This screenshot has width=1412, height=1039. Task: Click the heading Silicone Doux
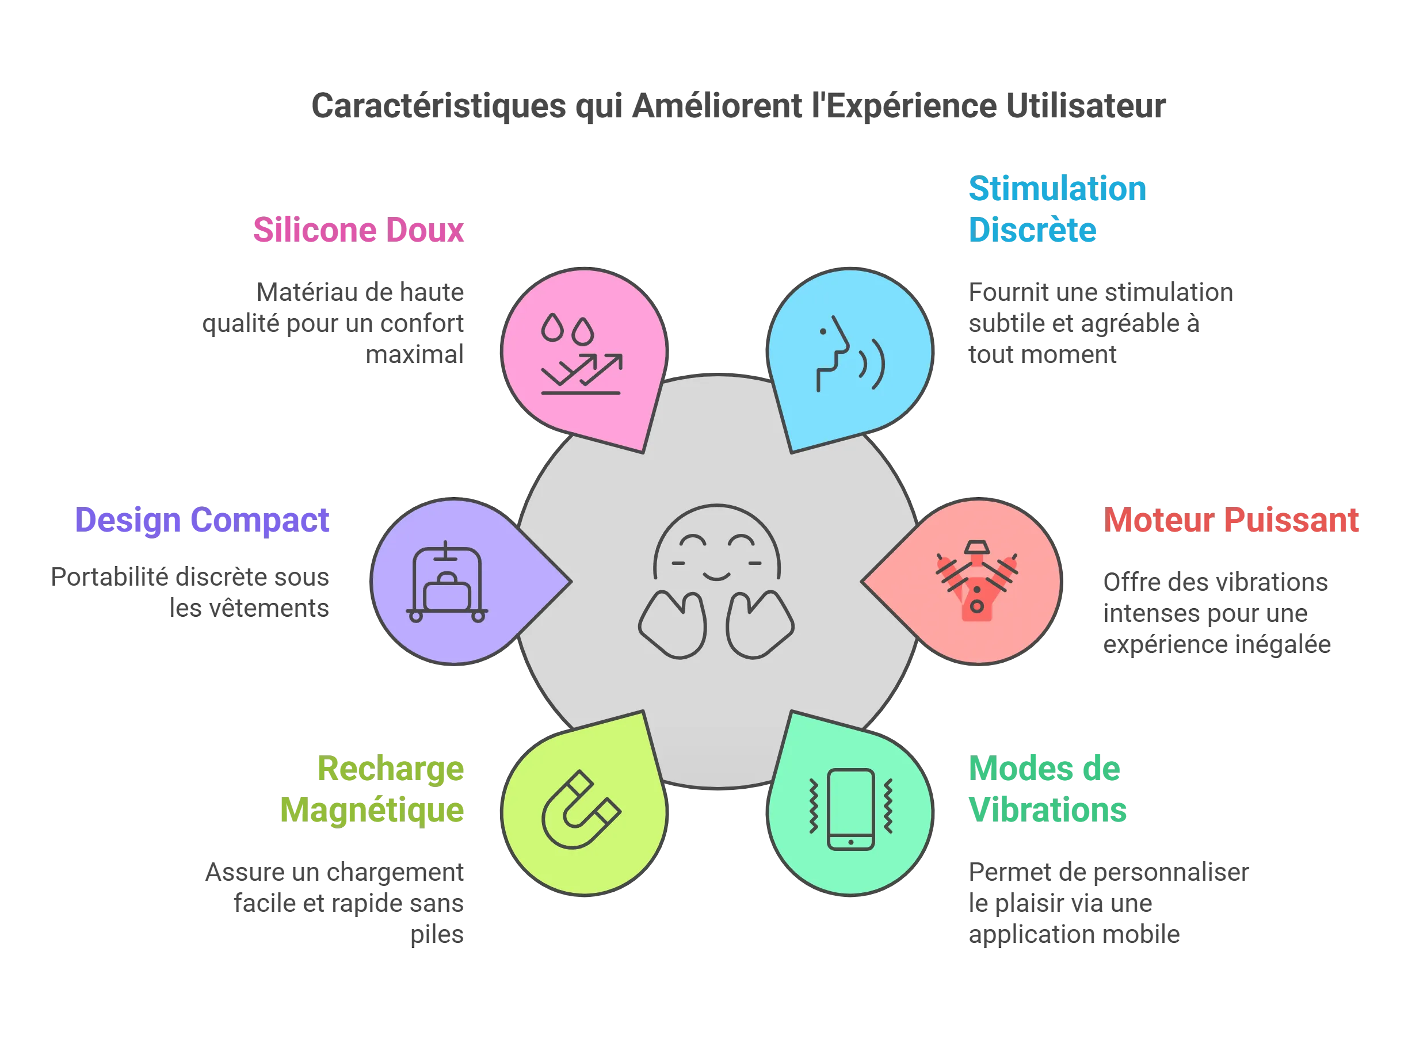coord(358,230)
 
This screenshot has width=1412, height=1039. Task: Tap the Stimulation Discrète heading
coord(1057,209)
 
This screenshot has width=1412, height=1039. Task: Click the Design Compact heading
coord(202,521)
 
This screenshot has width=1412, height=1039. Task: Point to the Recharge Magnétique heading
coord(372,789)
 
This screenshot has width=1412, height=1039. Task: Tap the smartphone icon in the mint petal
coord(851,809)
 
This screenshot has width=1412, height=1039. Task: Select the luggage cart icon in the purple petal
coord(447,582)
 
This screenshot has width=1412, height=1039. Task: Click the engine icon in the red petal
coord(977,580)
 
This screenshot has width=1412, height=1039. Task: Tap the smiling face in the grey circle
coord(716,581)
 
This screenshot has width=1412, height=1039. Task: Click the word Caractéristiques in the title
coord(438,106)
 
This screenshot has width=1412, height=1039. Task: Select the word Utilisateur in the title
coord(1086,105)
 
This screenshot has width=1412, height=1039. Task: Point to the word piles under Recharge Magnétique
coord(437,935)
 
